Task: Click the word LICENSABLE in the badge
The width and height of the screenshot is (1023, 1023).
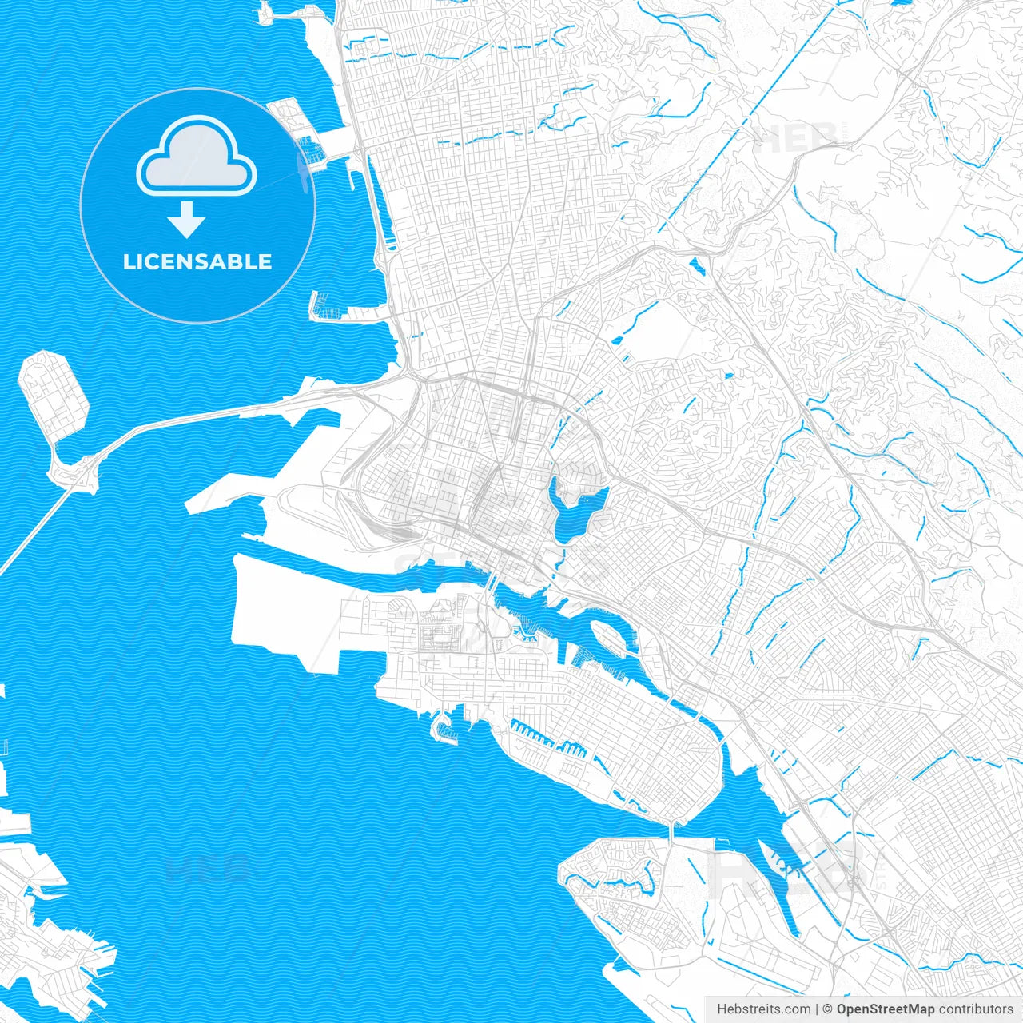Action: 197,261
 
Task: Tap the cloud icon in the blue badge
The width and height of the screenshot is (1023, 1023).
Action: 197,157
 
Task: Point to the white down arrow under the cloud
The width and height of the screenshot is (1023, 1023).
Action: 187,219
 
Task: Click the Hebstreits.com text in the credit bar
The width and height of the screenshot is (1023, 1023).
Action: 763,1009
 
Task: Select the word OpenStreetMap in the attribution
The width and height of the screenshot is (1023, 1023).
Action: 885,1009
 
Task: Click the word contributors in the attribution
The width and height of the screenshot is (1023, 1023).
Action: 976,1009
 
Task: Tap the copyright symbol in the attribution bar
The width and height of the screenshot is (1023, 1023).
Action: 828,1009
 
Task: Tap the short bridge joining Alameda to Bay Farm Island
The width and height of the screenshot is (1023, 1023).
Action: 673,831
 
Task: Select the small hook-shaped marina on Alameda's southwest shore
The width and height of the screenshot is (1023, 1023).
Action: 442,728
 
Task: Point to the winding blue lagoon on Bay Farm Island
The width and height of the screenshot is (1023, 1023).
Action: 619,884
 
